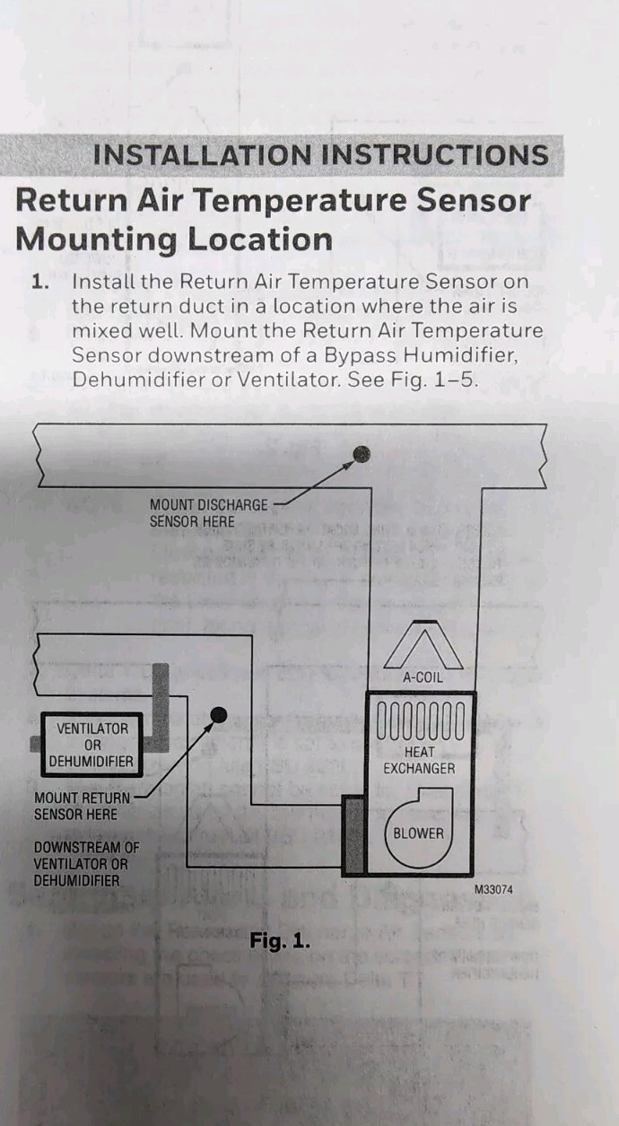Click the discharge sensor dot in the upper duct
(x=362, y=454)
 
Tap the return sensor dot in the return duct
(x=218, y=714)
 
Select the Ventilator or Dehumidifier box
(x=92, y=745)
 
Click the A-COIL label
(x=423, y=677)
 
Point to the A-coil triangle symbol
(x=424, y=644)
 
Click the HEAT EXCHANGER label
(x=420, y=760)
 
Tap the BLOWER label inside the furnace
(x=419, y=834)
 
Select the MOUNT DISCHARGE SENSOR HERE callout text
(x=208, y=513)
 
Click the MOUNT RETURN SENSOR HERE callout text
(x=82, y=806)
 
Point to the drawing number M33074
(x=494, y=890)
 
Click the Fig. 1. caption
(x=280, y=940)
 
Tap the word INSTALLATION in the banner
(x=203, y=155)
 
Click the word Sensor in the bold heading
(x=474, y=200)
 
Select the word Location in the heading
(x=260, y=240)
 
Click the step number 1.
(x=40, y=282)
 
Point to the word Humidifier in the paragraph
(x=461, y=355)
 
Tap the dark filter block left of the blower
(x=353, y=835)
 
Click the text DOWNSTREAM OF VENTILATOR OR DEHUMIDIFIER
(x=86, y=864)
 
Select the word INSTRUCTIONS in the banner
(x=435, y=155)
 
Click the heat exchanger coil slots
(x=421, y=720)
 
